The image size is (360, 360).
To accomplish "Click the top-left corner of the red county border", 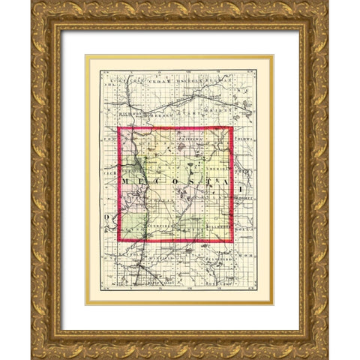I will pyautogui.click(x=119, y=128).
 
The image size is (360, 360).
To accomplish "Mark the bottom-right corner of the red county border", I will pyautogui.click(x=233, y=241).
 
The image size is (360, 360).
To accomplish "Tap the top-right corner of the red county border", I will pyautogui.click(x=233, y=128).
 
